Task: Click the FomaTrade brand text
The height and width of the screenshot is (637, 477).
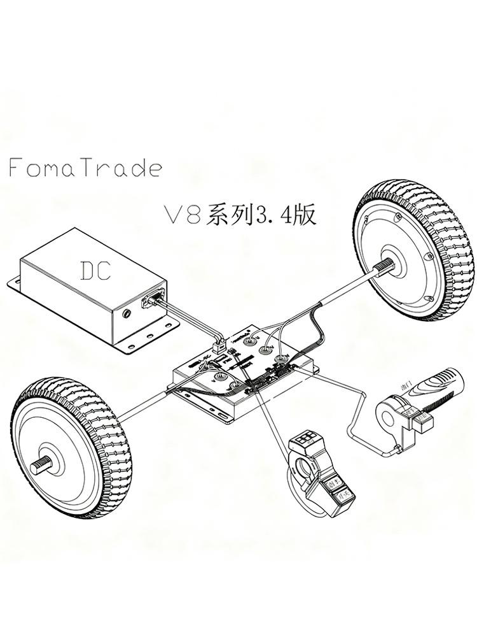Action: [85, 168]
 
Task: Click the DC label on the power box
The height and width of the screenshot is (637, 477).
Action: [97, 270]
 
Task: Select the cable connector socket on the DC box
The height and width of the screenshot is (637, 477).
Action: [153, 297]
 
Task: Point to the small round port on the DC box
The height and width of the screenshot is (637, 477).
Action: [130, 313]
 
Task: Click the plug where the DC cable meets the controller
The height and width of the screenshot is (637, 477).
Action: [219, 347]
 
